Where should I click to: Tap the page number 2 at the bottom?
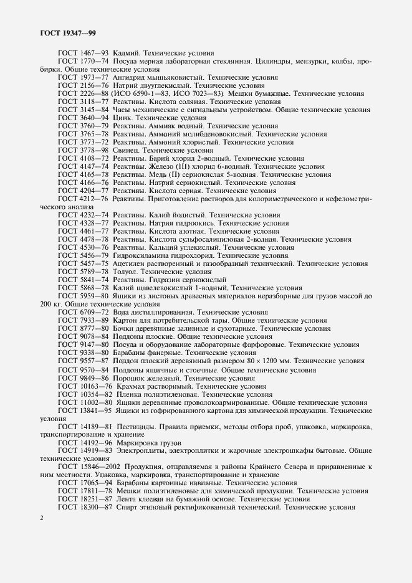point(42,518)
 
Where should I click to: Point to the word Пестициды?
point(136,427)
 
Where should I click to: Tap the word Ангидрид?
point(133,77)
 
